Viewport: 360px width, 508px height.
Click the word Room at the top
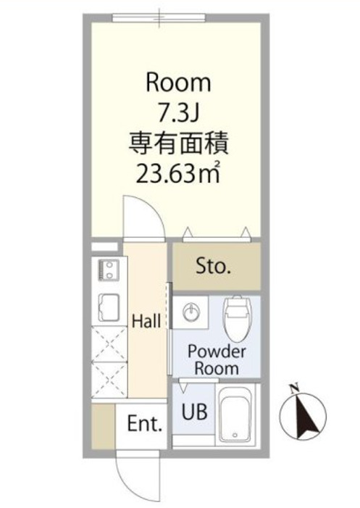(178, 83)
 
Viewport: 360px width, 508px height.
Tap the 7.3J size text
(178, 112)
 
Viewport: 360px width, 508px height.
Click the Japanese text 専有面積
(178, 142)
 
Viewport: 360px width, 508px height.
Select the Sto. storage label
(213, 266)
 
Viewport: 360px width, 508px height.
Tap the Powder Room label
(217, 359)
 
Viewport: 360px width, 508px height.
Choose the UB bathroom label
(195, 412)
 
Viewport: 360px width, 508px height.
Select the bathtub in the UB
(237, 417)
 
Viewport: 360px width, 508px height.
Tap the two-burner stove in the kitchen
(109, 271)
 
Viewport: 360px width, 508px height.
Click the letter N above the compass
(294, 388)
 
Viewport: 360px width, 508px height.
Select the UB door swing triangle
(185, 386)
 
